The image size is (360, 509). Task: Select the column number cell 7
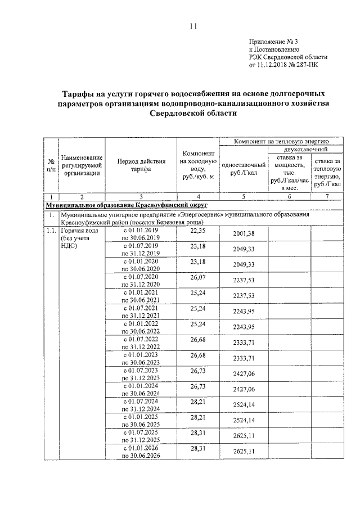tap(327, 196)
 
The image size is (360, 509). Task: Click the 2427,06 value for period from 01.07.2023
tap(244, 375)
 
